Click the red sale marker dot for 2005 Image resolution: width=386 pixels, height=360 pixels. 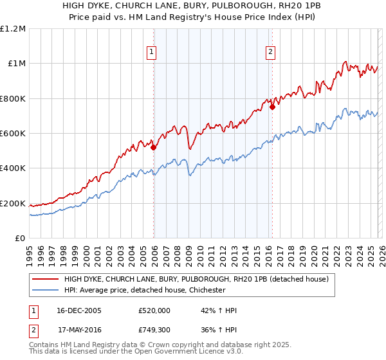click(x=154, y=147)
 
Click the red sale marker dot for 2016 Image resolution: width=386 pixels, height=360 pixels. click(x=272, y=107)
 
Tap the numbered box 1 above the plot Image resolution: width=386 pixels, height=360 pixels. click(x=152, y=53)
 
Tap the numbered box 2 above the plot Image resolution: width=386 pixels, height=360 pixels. click(x=271, y=53)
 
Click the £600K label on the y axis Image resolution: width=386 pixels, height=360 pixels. click(x=13, y=134)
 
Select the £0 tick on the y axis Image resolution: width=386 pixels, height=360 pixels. click(x=19, y=239)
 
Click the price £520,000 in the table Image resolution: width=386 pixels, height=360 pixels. click(x=154, y=310)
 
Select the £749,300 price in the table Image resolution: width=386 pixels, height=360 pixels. click(x=154, y=330)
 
